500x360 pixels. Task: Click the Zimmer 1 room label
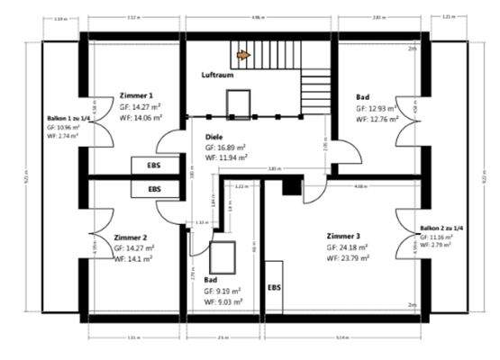[136, 94]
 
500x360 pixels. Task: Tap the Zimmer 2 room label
[132, 238]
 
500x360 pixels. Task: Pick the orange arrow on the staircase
[243, 55]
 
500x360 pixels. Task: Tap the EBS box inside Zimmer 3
[275, 288]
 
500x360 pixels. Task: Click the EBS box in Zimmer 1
[149, 166]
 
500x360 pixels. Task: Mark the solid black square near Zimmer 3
[291, 184]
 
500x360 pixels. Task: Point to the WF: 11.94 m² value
[221, 157]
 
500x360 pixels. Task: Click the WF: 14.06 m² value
[141, 117]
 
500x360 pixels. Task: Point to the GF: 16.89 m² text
[221, 147]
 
